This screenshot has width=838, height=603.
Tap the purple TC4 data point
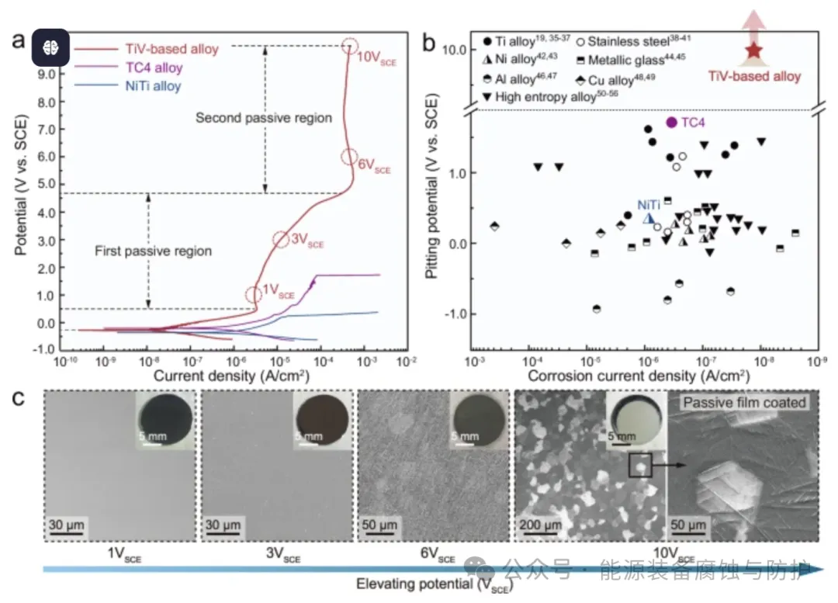point(672,123)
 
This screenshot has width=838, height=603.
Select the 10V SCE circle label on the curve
point(351,46)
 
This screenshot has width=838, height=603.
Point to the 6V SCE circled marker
point(349,157)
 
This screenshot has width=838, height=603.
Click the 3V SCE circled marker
point(281,239)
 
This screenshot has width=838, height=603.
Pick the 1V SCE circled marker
point(253,295)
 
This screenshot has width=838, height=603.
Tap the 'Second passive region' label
point(263,118)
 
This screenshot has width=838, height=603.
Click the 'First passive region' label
point(153,251)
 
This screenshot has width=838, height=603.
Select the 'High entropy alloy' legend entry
point(546,97)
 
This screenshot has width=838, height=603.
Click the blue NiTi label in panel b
point(648,205)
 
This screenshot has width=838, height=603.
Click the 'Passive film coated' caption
point(744,402)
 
